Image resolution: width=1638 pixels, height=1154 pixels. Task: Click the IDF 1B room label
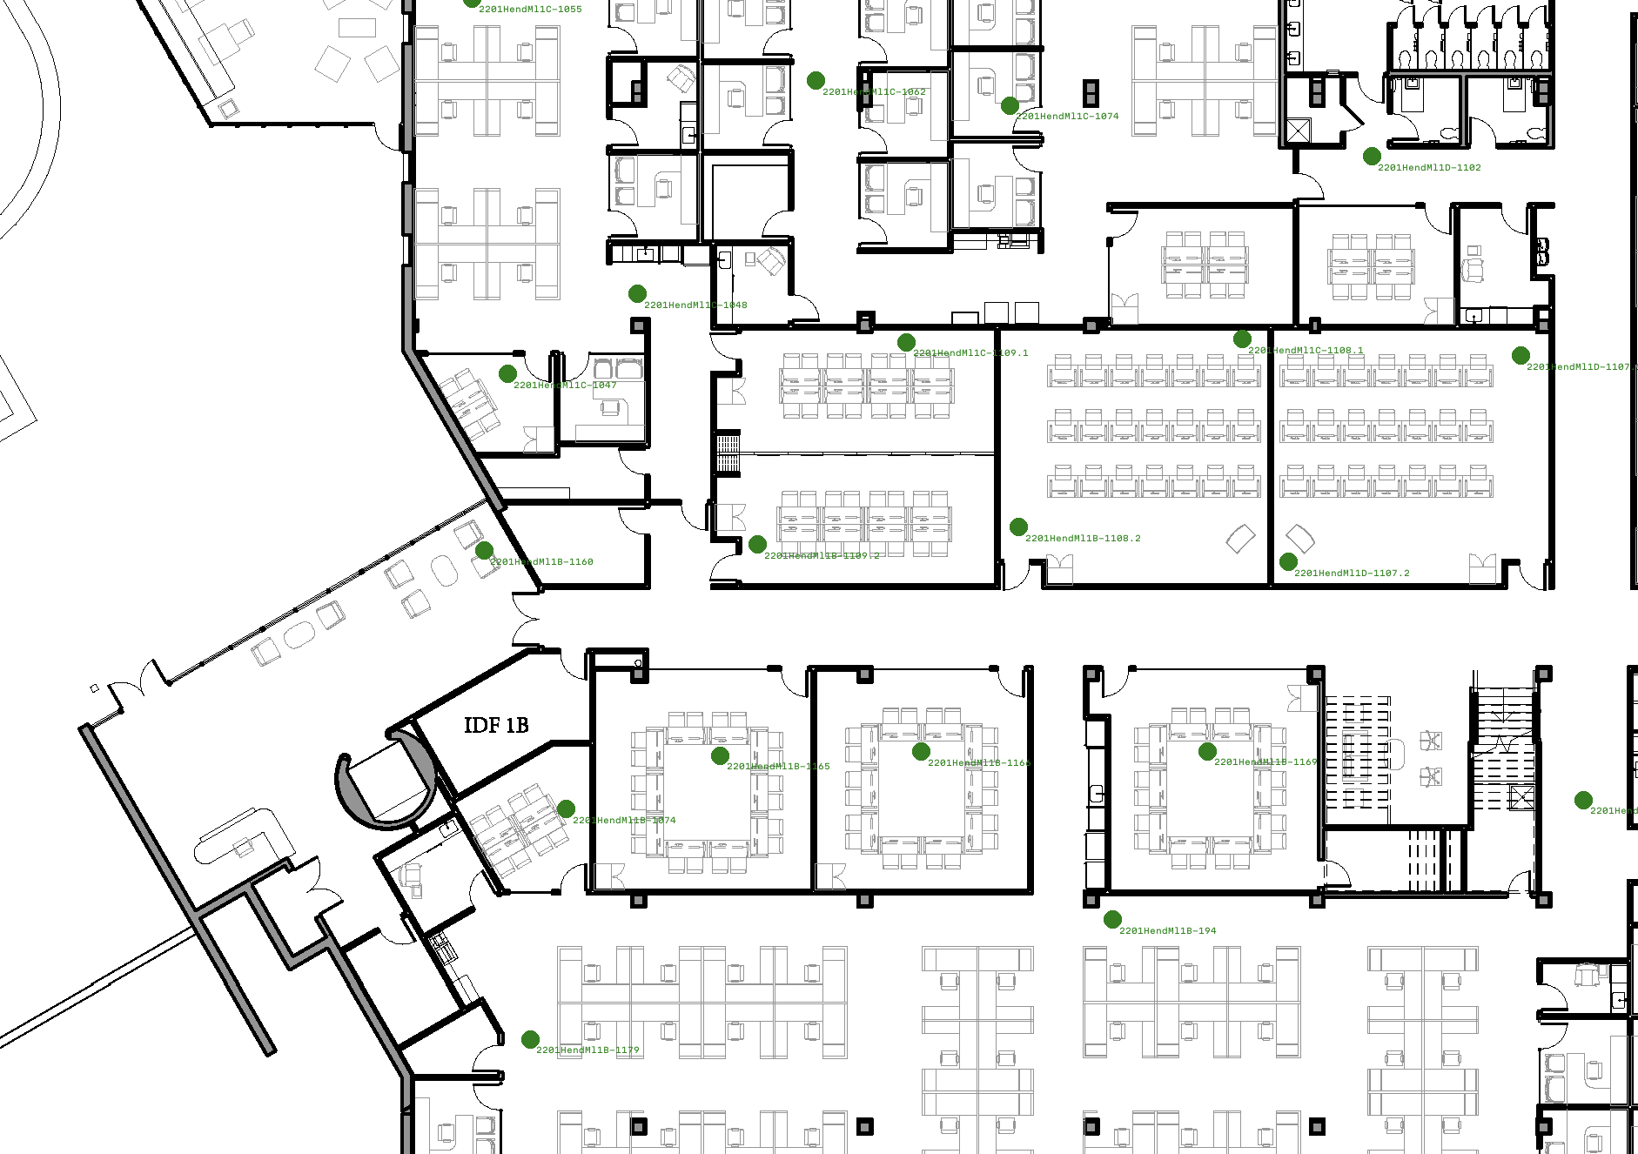496,726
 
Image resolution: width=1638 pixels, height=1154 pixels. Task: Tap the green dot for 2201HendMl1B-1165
720,755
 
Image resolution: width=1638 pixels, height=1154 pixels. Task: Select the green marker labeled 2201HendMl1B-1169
1207,751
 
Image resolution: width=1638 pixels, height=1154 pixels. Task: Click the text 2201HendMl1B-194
1167,931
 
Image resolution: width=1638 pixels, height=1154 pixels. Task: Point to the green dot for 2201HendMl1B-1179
530,1039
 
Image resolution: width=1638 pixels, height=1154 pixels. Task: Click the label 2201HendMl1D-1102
1429,168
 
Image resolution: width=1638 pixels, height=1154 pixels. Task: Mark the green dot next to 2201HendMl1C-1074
1010,106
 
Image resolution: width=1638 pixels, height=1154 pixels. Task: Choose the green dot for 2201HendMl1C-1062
816,81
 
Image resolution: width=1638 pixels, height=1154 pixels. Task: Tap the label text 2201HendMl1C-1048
695,305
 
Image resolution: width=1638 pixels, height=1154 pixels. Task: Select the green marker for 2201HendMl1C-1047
507,373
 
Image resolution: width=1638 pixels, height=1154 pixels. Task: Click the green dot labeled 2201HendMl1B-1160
485,550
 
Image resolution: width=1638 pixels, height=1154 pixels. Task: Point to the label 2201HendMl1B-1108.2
1083,539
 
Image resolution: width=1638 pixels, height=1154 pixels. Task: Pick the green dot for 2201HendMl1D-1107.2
1288,562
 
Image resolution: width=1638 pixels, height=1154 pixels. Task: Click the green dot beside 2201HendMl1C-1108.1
1242,339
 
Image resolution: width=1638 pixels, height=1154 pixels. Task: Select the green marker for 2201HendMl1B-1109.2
757,545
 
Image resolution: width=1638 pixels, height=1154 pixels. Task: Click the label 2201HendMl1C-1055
530,10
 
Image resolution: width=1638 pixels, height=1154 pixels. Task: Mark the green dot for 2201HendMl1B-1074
566,808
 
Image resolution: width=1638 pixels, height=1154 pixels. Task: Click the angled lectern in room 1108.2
1240,539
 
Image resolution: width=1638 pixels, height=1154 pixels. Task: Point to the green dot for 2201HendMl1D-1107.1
1521,355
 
